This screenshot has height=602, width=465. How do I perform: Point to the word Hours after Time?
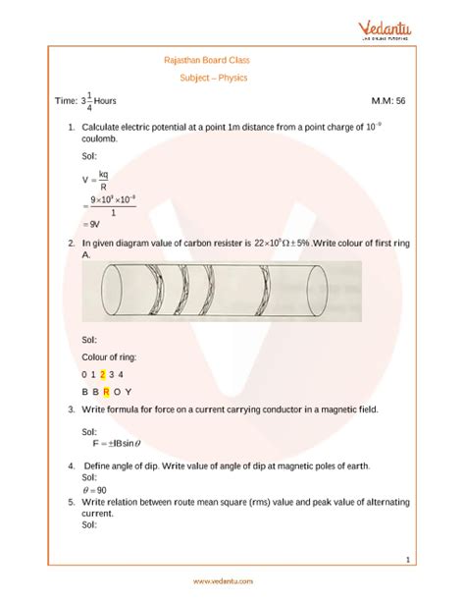[x=111, y=101]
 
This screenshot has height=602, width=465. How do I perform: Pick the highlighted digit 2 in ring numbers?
[x=103, y=374]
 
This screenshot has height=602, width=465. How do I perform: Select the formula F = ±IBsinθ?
[x=118, y=442]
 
